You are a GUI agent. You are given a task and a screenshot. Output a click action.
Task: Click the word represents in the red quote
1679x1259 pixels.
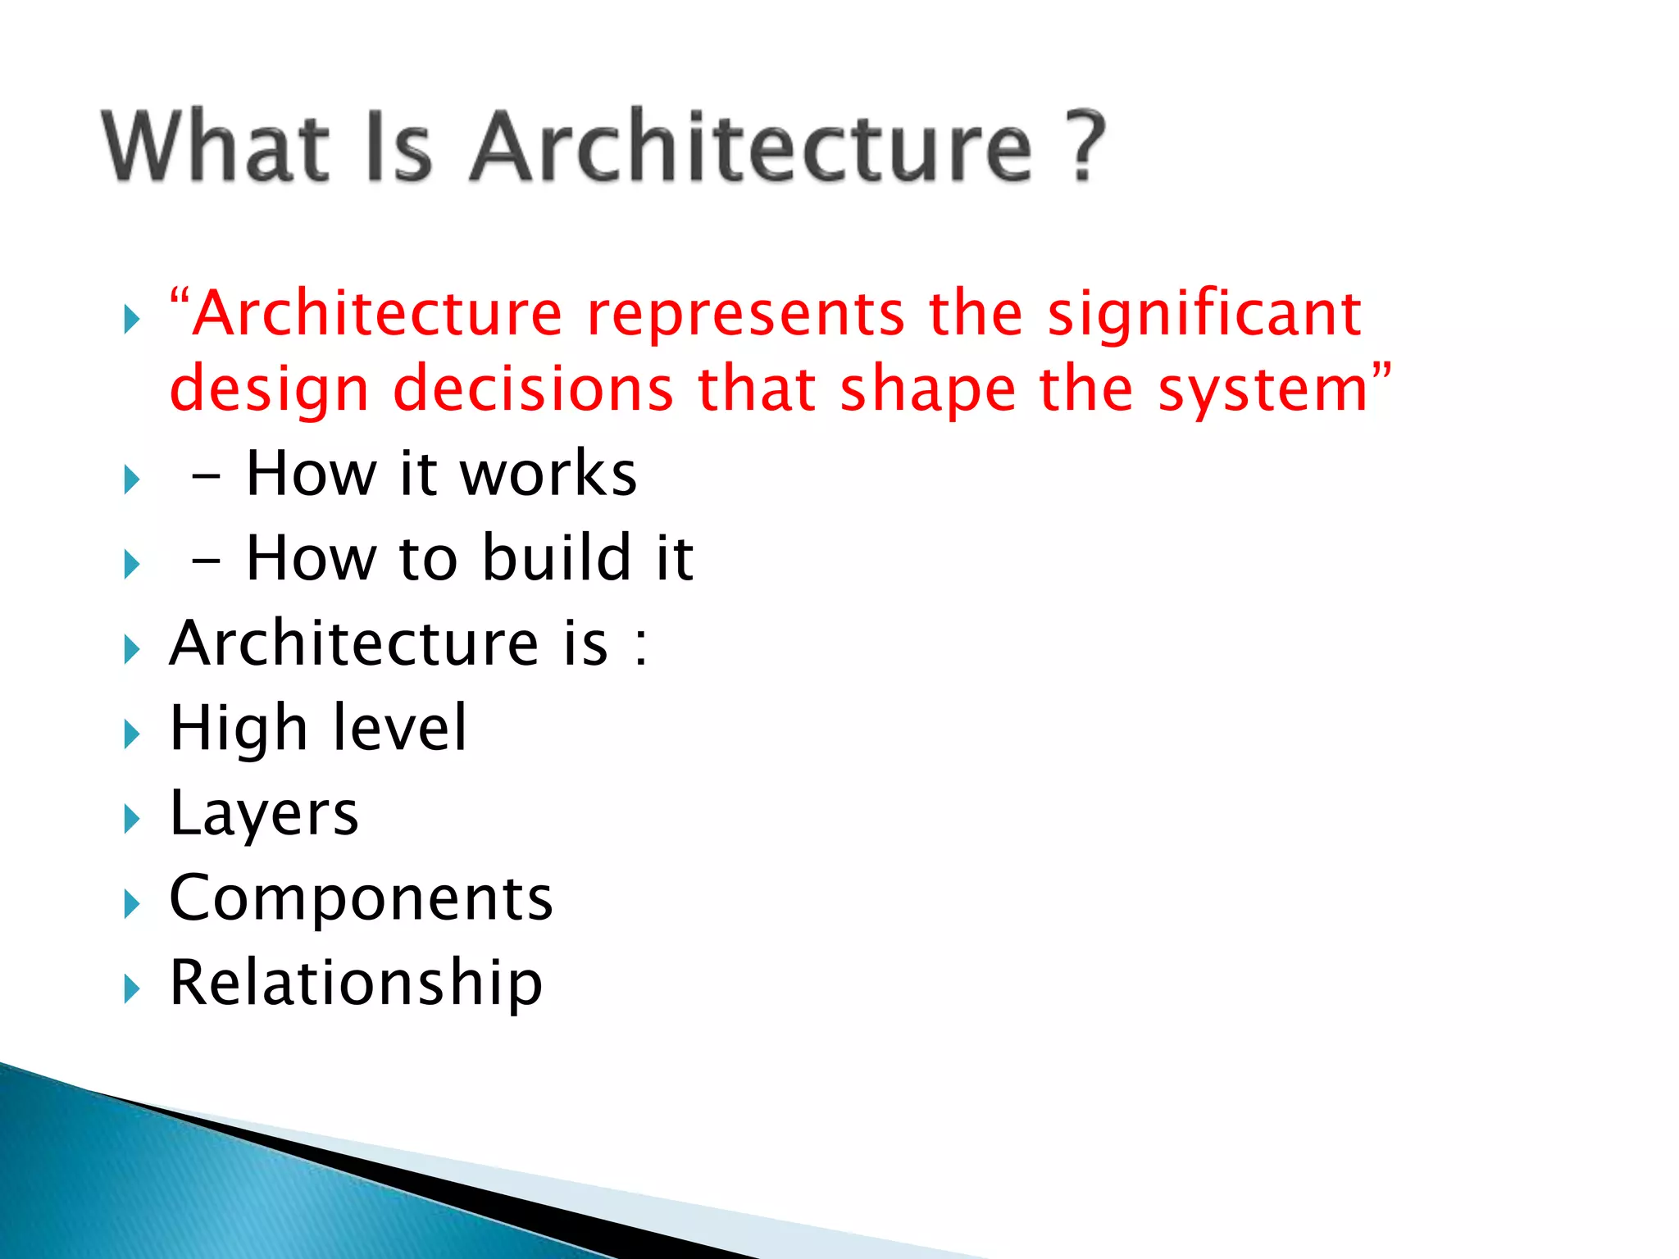pyautogui.click(x=746, y=316)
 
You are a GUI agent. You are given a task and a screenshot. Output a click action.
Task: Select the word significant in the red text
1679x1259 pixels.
pyautogui.click(x=1204, y=316)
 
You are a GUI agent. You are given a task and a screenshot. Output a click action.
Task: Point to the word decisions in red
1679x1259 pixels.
pyautogui.click(x=533, y=389)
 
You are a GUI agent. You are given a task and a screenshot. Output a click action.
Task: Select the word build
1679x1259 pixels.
pyautogui.click(x=557, y=558)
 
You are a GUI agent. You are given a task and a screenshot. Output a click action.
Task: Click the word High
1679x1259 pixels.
pyautogui.click(x=238, y=729)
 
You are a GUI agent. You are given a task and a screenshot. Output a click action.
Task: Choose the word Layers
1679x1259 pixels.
pyautogui.click(x=264, y=815)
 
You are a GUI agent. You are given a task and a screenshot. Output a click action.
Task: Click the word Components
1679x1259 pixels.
pyautogui.click(x=361, y=898)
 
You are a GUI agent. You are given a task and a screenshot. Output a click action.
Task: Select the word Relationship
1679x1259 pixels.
pyautogui.click(x=356, y=984)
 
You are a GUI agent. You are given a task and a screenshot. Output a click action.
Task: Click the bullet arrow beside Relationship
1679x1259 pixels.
pyautogui.click(x=131, y=989)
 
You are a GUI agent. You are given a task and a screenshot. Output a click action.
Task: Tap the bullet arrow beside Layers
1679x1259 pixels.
pyautogui.click(x=131, y=819)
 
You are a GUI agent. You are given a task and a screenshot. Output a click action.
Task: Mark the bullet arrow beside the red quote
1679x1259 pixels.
pyautogui.click(x=131, y=319)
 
